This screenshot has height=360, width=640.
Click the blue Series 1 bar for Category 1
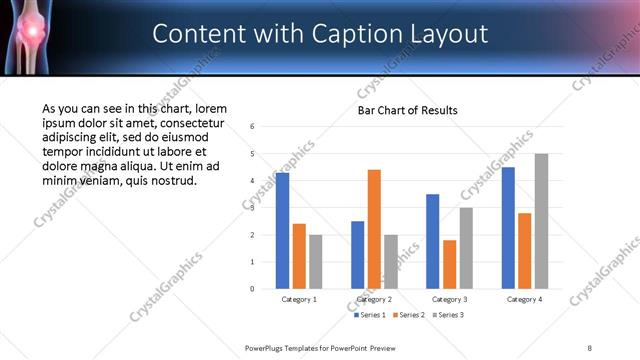(283, 231)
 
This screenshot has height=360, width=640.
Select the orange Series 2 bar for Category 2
(374, 229)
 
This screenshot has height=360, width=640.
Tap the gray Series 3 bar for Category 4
(541, 221)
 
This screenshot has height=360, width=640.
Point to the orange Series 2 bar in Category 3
(449, 264)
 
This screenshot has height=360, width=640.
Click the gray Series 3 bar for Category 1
(316, 261)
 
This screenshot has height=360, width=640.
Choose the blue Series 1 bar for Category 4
(508, 228)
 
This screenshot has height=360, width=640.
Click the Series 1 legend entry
(372, 315)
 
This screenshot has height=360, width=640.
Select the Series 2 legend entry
(410, 315)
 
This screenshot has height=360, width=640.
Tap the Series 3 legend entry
(449, 315)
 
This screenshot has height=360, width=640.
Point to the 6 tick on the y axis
(253, 127)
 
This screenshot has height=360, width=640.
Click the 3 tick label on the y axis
(253, 208)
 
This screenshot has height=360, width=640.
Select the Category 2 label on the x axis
(374, 299)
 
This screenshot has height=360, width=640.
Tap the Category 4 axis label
(524, 299)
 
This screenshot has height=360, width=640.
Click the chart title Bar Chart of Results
(408, 109)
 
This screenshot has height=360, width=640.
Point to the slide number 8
(590, 347)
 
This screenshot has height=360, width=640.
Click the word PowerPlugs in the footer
(265, 347)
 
